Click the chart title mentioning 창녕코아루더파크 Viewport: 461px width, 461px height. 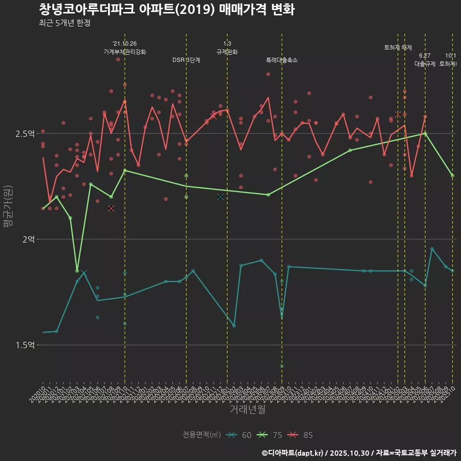tap(167, 10)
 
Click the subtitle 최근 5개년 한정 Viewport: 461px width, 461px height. tap(64, 23)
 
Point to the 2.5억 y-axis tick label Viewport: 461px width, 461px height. tap(25, 133)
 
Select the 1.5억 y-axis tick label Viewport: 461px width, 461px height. tap(25, 345)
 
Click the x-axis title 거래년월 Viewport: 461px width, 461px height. tap(247, 410)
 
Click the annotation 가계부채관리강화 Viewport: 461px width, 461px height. tap(124, 52)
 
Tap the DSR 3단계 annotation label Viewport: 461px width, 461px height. tap(186, 60)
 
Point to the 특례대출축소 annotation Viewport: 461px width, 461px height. tap(282, 60)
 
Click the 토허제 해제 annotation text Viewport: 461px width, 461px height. tap(398, 48)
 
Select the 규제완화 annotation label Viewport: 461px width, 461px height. tap(227, 52)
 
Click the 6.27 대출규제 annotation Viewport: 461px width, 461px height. tap(425, 60)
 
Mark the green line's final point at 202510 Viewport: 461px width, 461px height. tap(452, 176)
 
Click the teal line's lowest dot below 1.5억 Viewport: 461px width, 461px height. tap(282, 366)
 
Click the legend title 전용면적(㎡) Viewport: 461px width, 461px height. tap(201, 435)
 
